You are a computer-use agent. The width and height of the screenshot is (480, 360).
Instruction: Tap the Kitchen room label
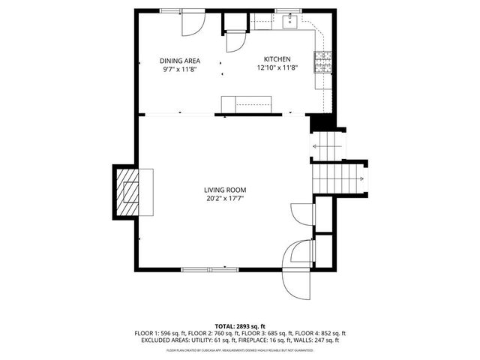coord(277,60)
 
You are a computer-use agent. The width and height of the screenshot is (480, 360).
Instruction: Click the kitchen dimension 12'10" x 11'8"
coord(277,68)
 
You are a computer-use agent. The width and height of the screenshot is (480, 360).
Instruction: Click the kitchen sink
coord(289,22)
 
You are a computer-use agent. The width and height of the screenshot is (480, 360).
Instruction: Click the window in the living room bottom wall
coord(211,268)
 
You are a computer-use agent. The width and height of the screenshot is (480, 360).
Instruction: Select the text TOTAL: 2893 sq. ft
coord(239,325)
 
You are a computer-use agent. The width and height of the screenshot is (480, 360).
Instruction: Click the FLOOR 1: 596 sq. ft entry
coord(160,332)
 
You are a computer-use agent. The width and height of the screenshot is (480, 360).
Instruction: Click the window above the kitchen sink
coord(286,10)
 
